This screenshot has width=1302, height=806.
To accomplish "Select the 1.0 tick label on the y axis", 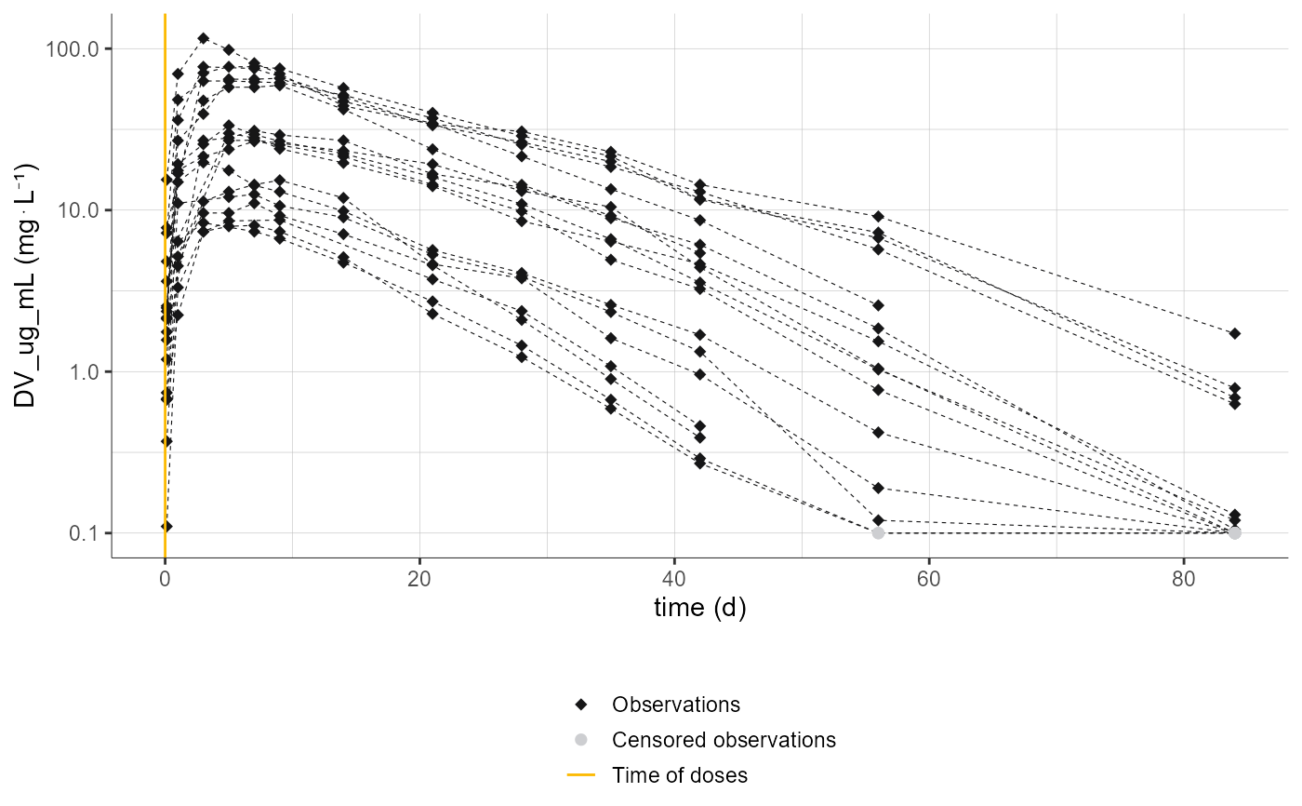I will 82,372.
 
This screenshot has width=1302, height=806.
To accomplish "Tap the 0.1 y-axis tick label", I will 82,533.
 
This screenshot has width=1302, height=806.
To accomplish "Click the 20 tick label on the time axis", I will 419,576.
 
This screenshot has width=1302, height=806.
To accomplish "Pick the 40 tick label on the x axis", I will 674,576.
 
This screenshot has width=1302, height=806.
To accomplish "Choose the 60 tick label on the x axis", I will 929,576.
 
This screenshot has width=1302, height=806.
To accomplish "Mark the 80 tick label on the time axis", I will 1184,576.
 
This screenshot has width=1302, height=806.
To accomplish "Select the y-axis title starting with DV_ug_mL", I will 26,286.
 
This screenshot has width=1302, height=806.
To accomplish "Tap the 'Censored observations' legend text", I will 724,740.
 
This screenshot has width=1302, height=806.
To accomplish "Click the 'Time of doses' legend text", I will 679,775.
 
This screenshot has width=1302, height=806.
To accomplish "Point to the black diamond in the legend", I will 581,705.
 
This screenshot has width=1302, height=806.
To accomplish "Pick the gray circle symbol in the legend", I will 581,740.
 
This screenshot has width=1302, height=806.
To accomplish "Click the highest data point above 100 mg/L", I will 203,38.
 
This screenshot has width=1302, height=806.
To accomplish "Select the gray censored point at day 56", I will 877,532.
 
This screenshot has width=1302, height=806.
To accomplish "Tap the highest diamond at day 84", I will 1234,333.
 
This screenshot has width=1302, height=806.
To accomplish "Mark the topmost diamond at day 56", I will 877,216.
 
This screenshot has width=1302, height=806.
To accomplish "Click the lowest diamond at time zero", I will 166,526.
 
